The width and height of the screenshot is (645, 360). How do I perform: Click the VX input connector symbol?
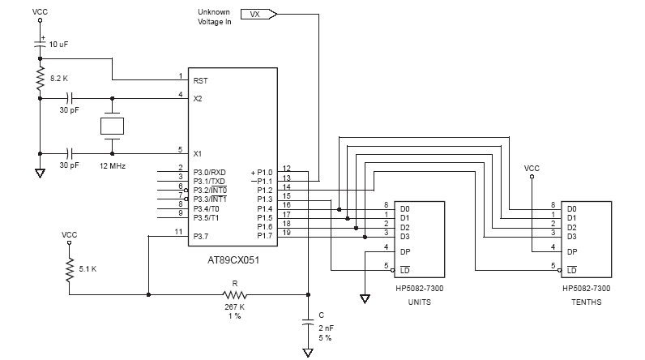(x=258, y=14)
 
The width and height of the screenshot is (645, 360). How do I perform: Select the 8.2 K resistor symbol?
(x=39, y=79)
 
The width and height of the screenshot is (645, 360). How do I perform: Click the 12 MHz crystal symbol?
(x=113, y=126)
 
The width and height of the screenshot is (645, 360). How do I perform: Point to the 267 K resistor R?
(x=235, y=294)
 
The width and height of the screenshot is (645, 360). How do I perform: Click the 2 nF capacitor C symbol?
(x=308, y=321)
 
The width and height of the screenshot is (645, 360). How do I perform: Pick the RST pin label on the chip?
(x=200, y=80)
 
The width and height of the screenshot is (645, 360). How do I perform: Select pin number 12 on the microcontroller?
(x=286, y=169)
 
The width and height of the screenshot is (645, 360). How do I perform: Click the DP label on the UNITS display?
(x=405, y=251)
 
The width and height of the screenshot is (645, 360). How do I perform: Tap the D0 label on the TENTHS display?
(x=572, y=208)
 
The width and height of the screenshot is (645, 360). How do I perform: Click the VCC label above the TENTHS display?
(x=532, y=169)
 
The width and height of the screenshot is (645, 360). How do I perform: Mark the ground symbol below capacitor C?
(x=308, y=352)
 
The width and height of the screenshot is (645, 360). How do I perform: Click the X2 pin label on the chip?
(x=198, y=98)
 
